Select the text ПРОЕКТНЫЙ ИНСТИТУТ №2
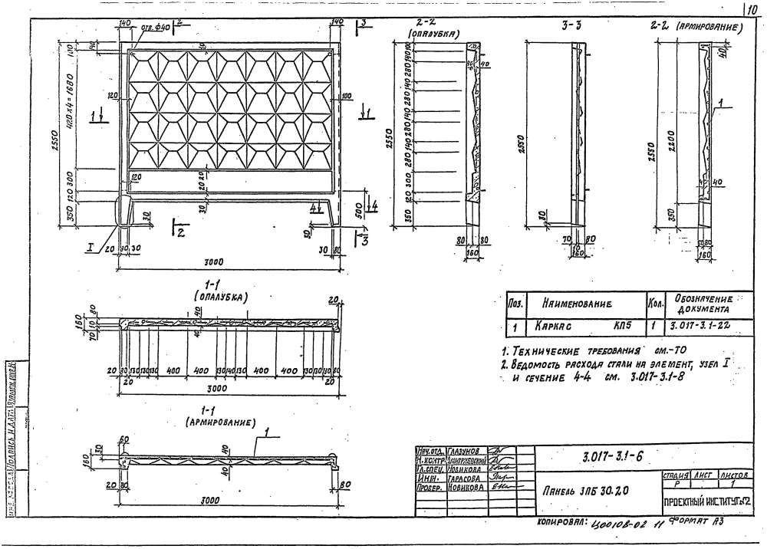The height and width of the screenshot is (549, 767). click(x=705, y=501)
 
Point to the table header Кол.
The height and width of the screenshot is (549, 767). click(x=656, y=304)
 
